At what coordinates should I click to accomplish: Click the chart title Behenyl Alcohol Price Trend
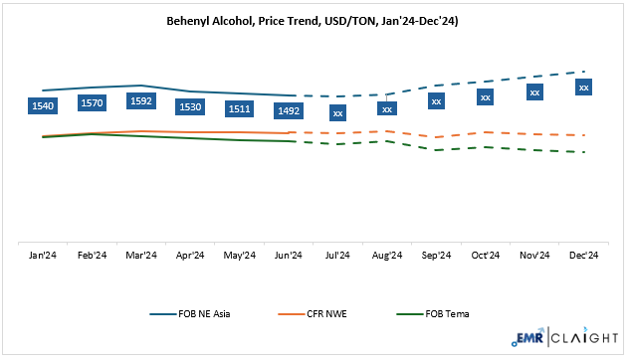pyautogui.click(x=314, y=22)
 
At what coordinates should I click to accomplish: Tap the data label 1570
pyautogui.click(x=92, y=101)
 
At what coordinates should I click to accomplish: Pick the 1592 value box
pyautogui.click(x=141, y=100)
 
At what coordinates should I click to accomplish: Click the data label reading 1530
pyautogui.click(x=190, y=105)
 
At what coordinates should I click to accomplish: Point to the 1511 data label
pyautogui.click(x=240, y=107)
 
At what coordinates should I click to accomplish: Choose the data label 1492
pyautogui.click(x=289, y=110)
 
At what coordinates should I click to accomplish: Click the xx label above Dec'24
pyautogui.click(x=584, y=88)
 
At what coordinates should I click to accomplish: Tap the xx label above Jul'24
pyautogui.click(x=338, y=113)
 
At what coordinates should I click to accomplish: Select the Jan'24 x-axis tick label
pyautogui.click(x=43, y=256)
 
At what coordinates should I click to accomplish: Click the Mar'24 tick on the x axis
pyautogui.click(x=141, y=256)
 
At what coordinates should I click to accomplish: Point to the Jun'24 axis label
pyautogui.click(x=289, y=256)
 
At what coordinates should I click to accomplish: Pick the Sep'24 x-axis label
pyautogui.click(x=436, y=256)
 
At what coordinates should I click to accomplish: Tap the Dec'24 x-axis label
pyautogui.click(x=584, y=256)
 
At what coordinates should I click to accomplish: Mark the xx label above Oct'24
pyautogui.click(x=486, y=96)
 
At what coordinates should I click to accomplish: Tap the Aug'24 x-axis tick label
pyautogui.click(x=387, y=256)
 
